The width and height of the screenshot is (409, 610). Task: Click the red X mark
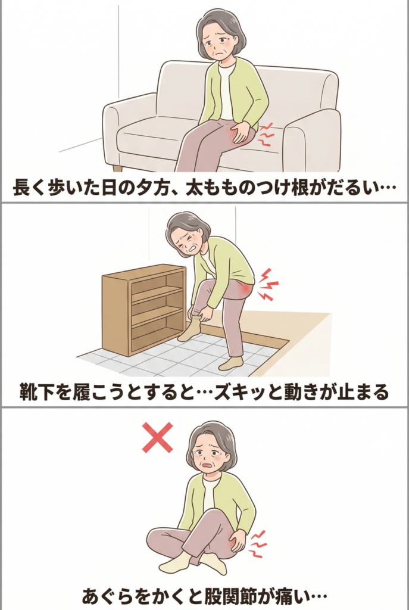(157, 438)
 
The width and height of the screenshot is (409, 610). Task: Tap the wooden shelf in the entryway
(144, 309)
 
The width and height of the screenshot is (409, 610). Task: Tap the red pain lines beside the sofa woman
(266, 134)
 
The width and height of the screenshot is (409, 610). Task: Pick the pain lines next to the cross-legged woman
(258, 543)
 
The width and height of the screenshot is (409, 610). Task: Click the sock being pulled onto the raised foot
(191, 329)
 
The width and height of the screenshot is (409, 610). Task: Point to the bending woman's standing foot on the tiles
(231, 363)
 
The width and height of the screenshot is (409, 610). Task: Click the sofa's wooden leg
(117, 167)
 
